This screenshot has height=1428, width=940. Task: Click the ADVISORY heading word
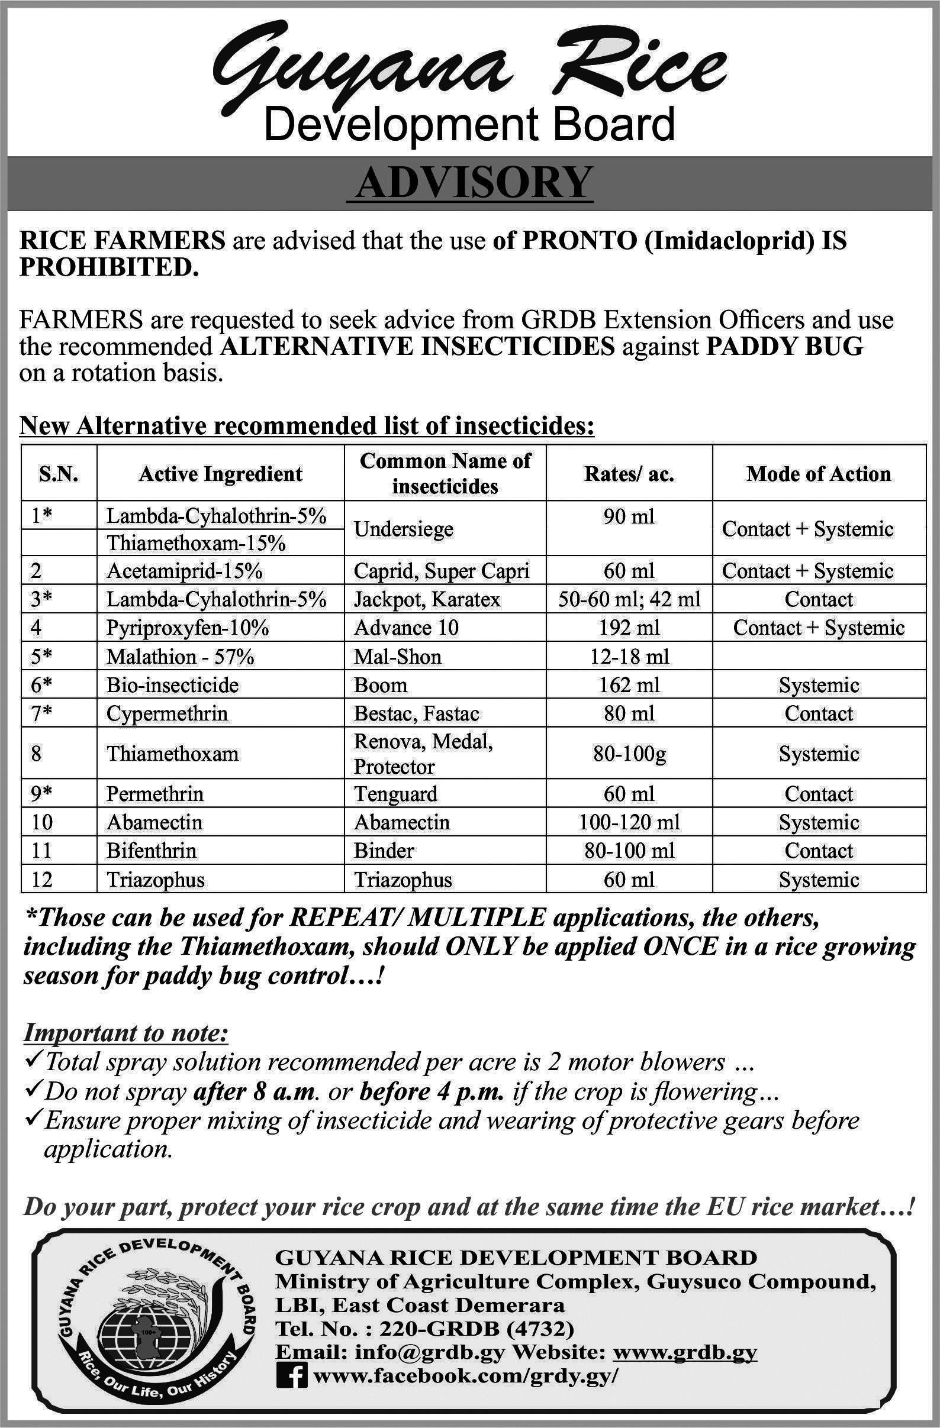pyautogui.click(x=469, y=183)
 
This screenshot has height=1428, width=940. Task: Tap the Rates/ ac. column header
pyautogui.click(x=629, y=474)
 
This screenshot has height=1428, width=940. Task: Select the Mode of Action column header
pyautogui.click(x=819, y=474)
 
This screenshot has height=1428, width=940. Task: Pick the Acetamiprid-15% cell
pyautogui.click(x=184, y=571)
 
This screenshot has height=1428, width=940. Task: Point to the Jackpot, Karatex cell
pyautogui.click(x=427, y=599)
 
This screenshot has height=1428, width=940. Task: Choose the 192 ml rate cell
pyautogui.click(x=629, y=628)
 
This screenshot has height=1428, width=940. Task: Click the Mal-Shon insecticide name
pyautogui.click(x=397, y=657)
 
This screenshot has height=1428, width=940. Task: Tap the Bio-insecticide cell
pyautogui.click(x=173, y=685)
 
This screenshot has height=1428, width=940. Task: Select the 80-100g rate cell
pyautogui.click(x=629, y=753)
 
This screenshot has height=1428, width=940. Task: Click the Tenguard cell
pyautogui.click(x=395, y=794)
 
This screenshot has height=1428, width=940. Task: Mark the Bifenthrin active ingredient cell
pyautogui.click(x=152, y=851)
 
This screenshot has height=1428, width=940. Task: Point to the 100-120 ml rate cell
pyautogui.click(x=629, y=822)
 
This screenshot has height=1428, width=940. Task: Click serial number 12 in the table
pyautogui.click(x=42, y=880)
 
